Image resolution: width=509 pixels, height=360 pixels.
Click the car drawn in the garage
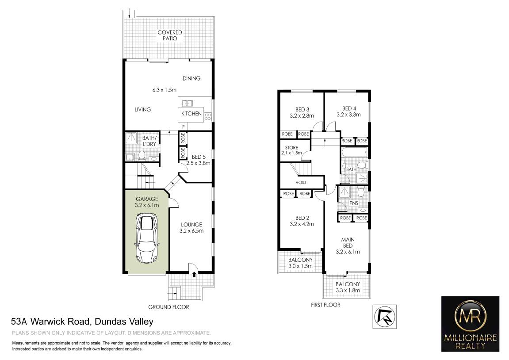(x=147, y=238)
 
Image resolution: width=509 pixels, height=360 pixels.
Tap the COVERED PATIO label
(x=170, y=35)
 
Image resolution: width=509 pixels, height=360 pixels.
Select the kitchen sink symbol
(x=187, y=103)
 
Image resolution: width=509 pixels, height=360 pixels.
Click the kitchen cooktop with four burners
(x=208, y=117)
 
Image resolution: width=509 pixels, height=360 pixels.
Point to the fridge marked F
(x=184, y=127)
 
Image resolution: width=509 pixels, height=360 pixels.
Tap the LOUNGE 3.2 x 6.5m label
(x=191, y=228)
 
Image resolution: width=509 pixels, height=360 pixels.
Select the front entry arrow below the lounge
(x=194, y=275)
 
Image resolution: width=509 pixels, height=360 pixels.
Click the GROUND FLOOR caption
(x=168, y=307)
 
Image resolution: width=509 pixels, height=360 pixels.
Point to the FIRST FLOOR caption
(x=325, y=305)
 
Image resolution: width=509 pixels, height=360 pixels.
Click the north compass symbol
(x=385, y=317)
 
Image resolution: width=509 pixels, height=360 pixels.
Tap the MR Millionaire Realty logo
(x=471, y=324)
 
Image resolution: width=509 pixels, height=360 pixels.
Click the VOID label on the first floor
(x=301, y=183)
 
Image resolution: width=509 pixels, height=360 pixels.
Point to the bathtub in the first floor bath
(x=355, y=152)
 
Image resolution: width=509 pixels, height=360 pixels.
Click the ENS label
(x=353, y=203)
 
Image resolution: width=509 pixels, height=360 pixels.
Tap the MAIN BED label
(x=348, y=245)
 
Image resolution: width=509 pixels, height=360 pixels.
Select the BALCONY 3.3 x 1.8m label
(x=348, y=287)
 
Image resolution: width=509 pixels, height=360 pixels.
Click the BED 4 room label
(x=348, y=111)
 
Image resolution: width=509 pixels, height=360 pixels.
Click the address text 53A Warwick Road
(x=50, y=322)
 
